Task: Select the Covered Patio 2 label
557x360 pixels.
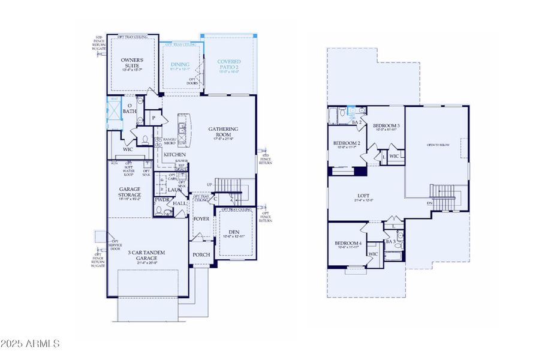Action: pos(229,62)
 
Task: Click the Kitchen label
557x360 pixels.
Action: pos(175,155)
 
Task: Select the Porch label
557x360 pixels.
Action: pos(201,254)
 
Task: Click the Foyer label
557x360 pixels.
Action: pos(201,219)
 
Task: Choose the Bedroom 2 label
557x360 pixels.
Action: pos(347,143)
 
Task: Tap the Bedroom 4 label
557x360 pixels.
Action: pos(348,242)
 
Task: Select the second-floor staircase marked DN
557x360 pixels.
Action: pos(445,197)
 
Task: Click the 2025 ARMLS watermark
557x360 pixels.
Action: pos(30,344)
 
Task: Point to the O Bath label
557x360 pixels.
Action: pos(130,108)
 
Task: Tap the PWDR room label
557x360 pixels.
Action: pos(162,200)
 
